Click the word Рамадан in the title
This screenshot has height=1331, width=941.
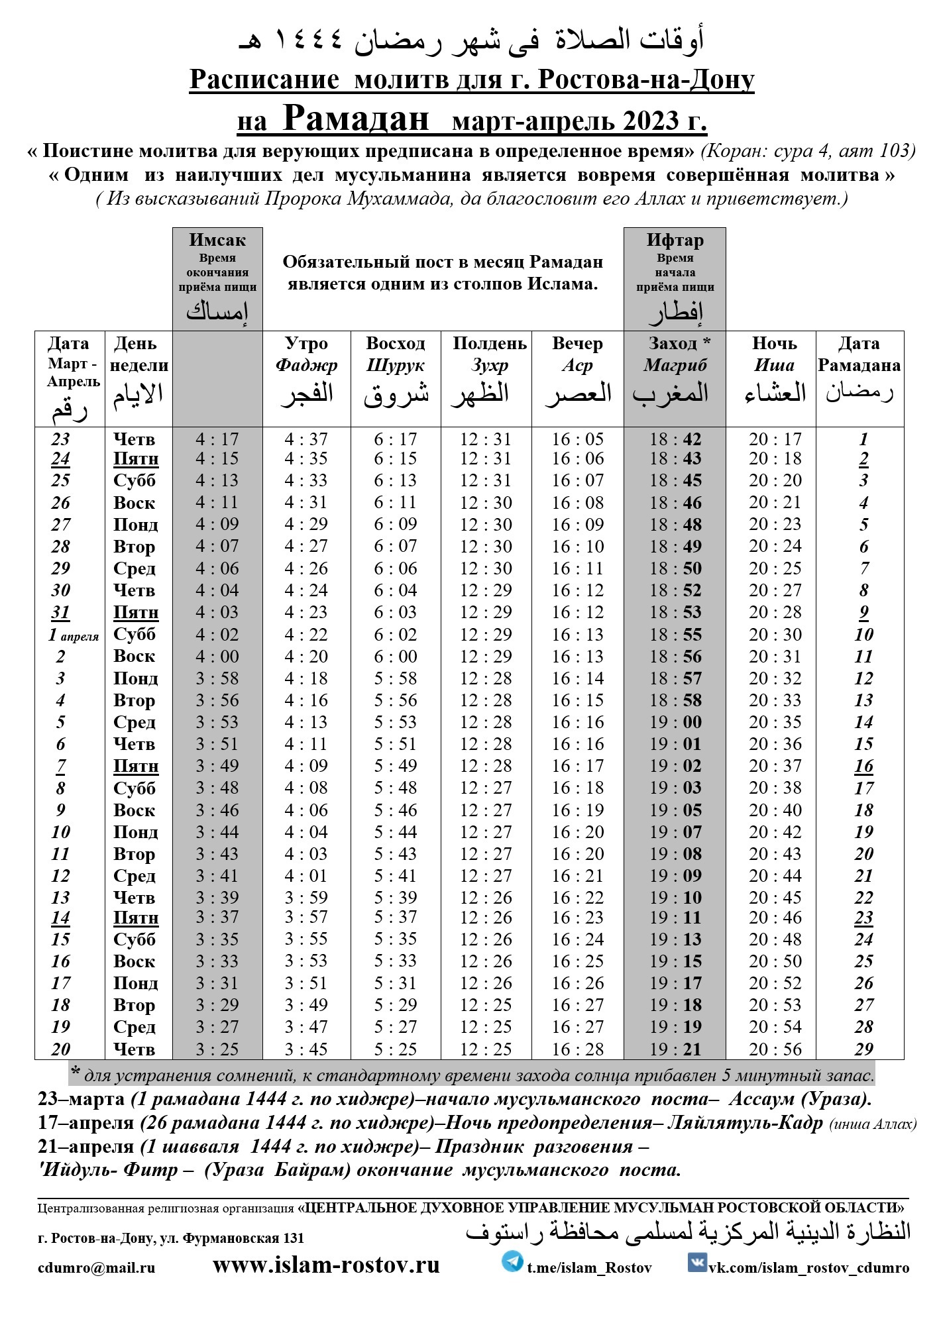pos(356,119)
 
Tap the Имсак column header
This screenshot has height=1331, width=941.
pos(217,240)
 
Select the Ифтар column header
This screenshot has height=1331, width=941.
pos(675,240)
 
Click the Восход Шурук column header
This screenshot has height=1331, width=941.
pos(396,354)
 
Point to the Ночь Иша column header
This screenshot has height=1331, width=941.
pos(773,354)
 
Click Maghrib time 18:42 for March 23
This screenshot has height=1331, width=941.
pos(675,439)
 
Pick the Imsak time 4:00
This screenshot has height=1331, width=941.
pos(217,657)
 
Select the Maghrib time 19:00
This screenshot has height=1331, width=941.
pos(675,722)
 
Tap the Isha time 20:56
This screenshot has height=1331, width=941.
pos(775,1049)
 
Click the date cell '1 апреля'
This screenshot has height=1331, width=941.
pos(73,635)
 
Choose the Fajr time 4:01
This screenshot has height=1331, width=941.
pos(306,876)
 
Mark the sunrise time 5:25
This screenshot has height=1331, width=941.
pos(396,1049)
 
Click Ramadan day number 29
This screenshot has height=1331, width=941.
pos(863,1049)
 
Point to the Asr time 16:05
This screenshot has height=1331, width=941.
pos(578,439)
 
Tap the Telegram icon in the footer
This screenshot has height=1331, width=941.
pos(512,1261)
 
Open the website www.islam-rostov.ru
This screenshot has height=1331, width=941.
pos(326,1265)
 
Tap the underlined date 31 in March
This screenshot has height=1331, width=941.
pos(60,612)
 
